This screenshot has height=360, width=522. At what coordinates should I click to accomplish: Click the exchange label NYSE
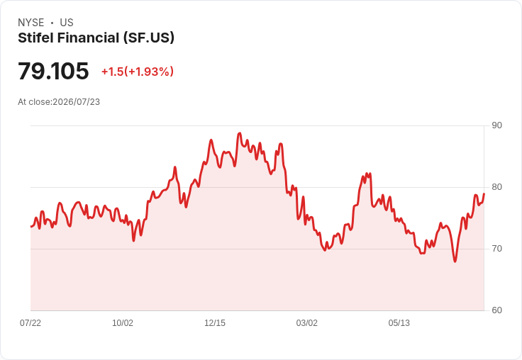pyautogui.click(x=31, y=23)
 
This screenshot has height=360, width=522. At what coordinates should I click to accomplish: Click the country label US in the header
pyautogui.click(x=67, y=23)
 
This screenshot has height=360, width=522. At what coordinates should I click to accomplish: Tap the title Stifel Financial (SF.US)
pyautogui.click(x=96, y=38)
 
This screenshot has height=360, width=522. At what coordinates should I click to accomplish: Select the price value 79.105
pyautogui.click(x=53, y=71)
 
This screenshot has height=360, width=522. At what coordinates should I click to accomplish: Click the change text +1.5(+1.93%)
pyautogui.click(x=138, y=72)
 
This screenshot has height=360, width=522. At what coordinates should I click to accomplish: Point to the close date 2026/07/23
pyautogui.click(x=76, y=102)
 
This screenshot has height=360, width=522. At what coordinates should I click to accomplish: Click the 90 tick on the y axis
pyautogui.click(x=496, y=125)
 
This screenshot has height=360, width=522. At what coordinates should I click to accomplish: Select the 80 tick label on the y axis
pyautogui.click(x=496, y=187)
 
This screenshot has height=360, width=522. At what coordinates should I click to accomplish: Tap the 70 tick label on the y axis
pyautogui.click(x=496, y=249)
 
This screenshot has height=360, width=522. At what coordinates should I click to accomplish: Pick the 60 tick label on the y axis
pyautogui.click(x=496, y=310)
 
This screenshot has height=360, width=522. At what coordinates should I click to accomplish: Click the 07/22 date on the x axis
pyautogui.click(x=30, y=322)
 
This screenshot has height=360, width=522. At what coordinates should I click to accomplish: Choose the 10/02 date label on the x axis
pyautogui.click(x=123, y=322)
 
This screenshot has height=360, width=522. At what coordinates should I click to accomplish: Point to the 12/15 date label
pyautogui.click(x=215, y=322)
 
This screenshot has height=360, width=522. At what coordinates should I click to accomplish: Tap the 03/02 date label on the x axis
pyautogui.click(x=307, y=322)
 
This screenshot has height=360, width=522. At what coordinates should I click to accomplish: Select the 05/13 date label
pyautogui.click(x=399, y=322)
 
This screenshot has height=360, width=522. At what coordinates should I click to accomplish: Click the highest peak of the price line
pyautogui.click(x=239, y=133)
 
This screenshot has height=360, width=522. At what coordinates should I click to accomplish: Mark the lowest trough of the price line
pyautogui.click(x=455, y=261)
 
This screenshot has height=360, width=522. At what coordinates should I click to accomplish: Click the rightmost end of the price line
pyautogui.click(x=484, y=193)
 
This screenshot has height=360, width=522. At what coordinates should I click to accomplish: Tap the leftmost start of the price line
pyautogui.click(x=30, y=227)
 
